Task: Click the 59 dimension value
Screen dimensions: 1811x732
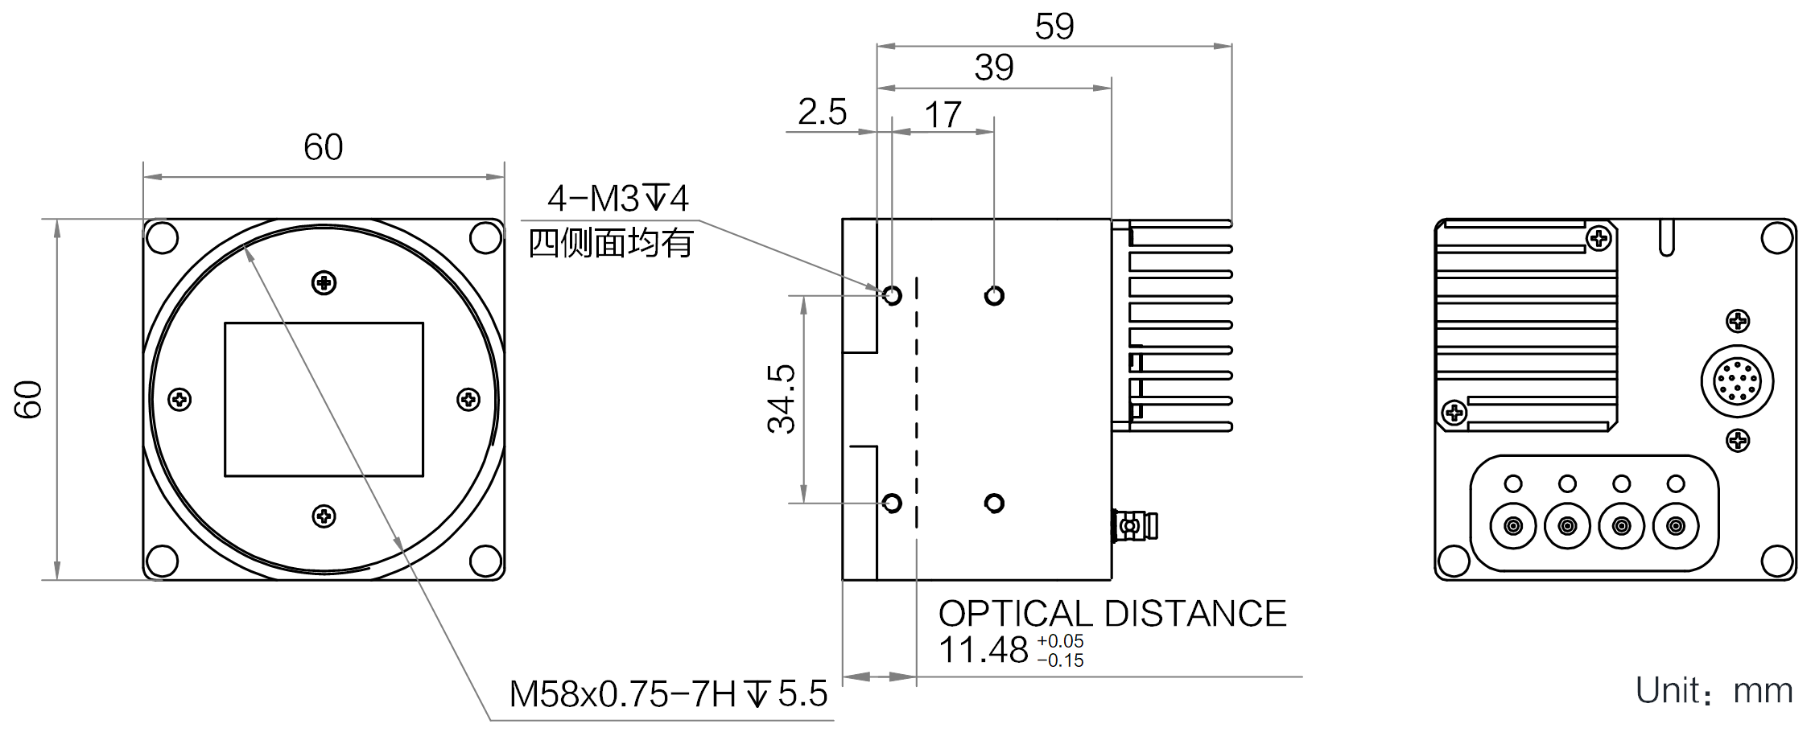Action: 1054,27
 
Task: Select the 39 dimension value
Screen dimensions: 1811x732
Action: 994,68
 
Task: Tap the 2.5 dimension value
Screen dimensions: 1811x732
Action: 822,112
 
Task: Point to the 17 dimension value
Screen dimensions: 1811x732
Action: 943,115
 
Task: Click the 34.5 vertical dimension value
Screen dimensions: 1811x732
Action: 782,399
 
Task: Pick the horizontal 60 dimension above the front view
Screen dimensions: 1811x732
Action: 323,147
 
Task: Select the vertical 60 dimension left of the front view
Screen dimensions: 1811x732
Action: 28,399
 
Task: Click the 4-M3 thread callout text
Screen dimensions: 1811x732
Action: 618,198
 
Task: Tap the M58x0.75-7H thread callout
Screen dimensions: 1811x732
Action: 668,693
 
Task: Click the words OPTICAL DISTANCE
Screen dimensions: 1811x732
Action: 1112,614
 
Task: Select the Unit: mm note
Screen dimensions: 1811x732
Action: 1714,691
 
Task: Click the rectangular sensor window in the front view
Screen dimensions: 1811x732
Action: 324,400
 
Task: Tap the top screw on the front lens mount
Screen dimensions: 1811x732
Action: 324,283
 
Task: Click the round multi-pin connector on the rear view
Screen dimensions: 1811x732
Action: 1738,381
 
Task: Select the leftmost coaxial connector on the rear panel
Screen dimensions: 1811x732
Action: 1513,526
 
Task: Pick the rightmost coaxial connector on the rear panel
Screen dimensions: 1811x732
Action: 1676,526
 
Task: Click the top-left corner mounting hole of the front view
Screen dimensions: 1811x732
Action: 162,238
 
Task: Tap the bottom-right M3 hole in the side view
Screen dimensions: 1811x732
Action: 994,504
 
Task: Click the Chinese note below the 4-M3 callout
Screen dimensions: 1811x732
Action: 611,242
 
